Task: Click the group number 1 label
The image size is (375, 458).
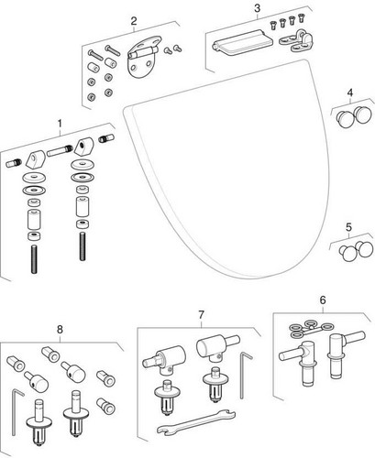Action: (60, 124)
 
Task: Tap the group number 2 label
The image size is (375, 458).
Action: (134, 21)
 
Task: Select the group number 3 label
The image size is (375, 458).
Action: (258, 8)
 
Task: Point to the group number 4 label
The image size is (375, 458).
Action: (350, 93)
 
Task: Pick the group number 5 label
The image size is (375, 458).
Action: (348, 227)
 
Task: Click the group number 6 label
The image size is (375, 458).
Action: (323, 300)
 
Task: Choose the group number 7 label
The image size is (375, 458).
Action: (201, 315)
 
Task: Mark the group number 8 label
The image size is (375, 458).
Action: (60, 330)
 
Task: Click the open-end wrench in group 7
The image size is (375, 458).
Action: (196, 422)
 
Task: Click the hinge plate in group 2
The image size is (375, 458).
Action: (142, 58)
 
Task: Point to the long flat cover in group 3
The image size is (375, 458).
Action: (240, 45)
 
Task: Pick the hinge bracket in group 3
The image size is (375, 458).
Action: (296, 41)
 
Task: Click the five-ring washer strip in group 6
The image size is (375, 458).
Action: (311, 329)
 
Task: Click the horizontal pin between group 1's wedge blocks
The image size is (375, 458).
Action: (60, 151)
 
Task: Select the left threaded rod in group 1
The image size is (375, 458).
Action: (34, 259)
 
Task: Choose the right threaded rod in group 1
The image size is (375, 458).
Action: (83, 246)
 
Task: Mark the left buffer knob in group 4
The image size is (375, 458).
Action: (345, 118)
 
